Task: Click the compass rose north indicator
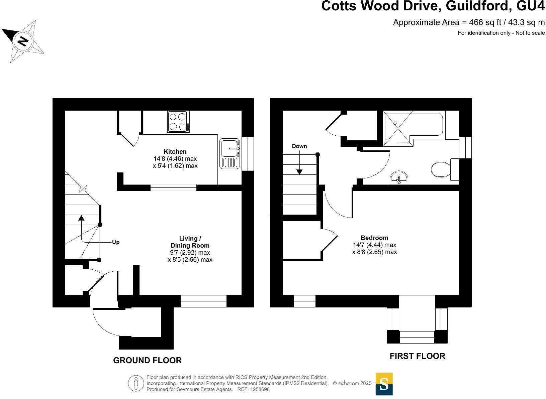pos(23,41)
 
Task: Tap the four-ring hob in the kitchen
pos(178,122)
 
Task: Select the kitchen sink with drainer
pos(230,153)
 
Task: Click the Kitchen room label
pos(175,151)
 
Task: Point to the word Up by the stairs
pos(116,242)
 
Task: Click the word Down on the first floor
pos(299,146)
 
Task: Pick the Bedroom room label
pos(374,238)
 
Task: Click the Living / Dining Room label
pos(190,242)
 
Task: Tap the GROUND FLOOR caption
pos(147,360)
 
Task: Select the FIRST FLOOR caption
pos(417,356)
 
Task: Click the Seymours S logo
pos(384,384)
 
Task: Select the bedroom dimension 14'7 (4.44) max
pos(374,245)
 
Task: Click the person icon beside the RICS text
pos(136,383)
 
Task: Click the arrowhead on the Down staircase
pos(299,172)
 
